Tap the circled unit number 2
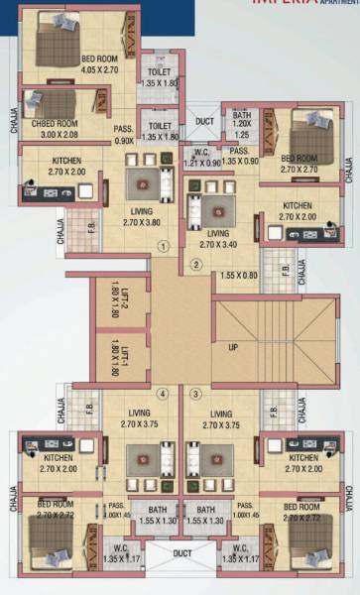pos(196,264)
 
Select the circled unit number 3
pos(195,394)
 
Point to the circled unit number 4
pos(163,394)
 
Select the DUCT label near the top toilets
pos(204,122)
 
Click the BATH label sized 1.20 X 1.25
pos(242,124)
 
